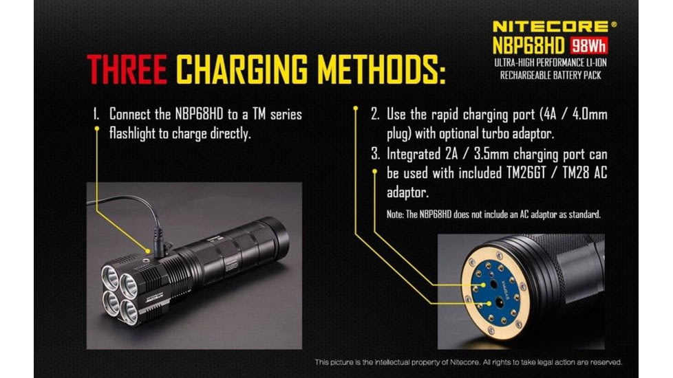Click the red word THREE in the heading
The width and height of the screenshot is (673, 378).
click(x=128, y=69)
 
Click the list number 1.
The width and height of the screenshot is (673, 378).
click(x=96, y=115)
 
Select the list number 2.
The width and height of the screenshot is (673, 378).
click(x=375, y=115)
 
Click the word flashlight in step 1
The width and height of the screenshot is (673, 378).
click(x=136, y=133)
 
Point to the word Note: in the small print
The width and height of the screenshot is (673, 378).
click(x=395, y=214)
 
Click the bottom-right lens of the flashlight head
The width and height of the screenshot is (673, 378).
click(x=129, y=310)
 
